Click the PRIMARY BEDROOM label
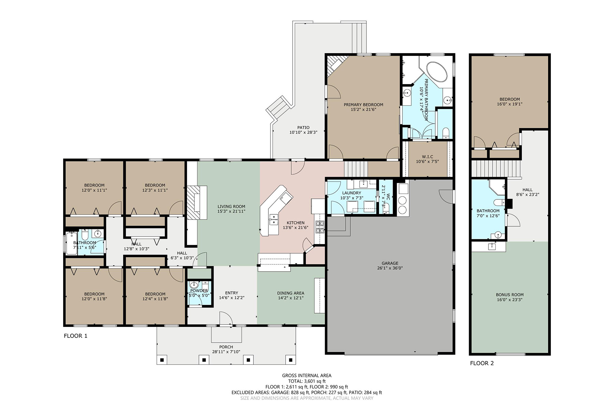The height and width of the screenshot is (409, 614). [x=363, y=105]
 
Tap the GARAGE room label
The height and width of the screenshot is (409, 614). [x=390, y=263]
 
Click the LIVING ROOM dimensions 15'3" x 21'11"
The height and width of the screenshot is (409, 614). [x=231, y=211]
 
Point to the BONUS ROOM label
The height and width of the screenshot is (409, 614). [x=510, y=295]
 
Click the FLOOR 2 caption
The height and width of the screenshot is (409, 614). [x=482, y=363]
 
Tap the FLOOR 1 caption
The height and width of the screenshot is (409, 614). [x=75, y=336]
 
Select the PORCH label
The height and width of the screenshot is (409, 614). [x=226, y=347]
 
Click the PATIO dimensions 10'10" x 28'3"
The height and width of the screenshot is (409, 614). [x=303, y=132]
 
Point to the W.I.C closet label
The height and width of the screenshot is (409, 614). [x=427, y=157]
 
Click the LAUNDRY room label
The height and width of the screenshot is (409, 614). [x=351, y=193]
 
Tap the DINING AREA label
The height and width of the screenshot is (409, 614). [x=291, y=293]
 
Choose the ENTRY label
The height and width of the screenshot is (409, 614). [x=232, y=293]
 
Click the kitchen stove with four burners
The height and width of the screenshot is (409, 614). [x=320, y=227]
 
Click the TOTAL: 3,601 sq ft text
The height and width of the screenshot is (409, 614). [x=307, y=381]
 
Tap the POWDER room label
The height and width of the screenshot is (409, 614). [x=199, y=291]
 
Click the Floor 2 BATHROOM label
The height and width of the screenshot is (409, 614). [x=488, y=211]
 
